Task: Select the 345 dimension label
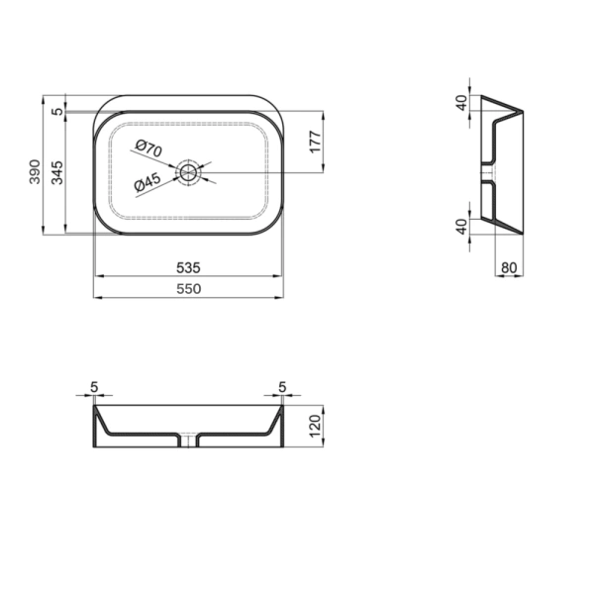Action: [x=57, y=174]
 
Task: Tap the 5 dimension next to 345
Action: [x=57, y=112]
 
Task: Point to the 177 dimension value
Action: [x=315, y=143]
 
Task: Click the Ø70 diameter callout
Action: [x=148, y=148]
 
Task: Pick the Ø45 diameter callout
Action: [x=148, y=183]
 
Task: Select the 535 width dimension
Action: [x=189, y=267]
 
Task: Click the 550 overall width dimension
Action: [x=189, y=288]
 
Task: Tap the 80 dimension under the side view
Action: [x=509, y=266]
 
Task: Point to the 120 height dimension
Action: [x=315, y=427]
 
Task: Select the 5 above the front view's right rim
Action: [x=282, y=386]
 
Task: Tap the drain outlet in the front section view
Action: [x=188, y=441]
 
